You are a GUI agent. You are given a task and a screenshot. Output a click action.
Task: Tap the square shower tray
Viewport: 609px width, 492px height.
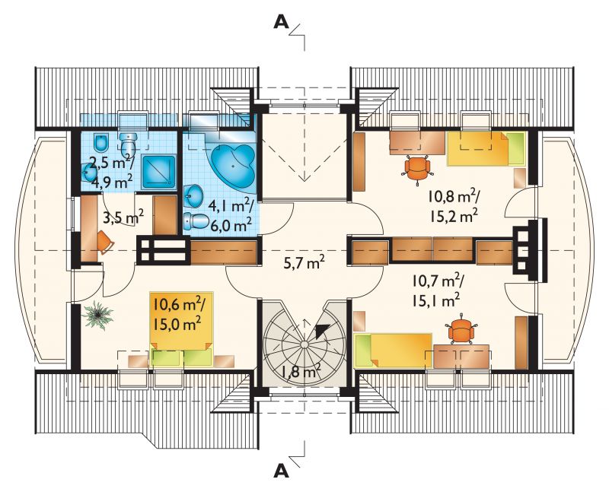coord(159,172)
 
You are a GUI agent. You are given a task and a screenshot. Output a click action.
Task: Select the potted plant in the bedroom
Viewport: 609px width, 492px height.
coord(97,315)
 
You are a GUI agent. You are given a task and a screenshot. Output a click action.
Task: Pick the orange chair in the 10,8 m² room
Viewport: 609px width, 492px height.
coord(417,169)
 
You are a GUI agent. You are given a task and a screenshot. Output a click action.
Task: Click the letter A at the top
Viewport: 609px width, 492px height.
coord(282,22)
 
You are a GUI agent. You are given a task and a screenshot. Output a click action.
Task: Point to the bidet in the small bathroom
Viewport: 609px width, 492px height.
coord(101,143)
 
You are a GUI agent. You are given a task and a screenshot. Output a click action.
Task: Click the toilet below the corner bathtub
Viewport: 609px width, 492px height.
coord(196,221)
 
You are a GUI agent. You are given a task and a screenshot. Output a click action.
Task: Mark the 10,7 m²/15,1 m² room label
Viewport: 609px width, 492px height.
coord(437,290)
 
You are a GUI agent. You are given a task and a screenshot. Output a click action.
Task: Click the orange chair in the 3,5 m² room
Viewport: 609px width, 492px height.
coord(106,243)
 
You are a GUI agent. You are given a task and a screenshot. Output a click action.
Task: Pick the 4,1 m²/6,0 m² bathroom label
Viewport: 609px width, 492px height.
coord(231,215)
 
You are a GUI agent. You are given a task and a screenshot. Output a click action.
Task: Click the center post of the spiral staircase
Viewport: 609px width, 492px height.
coord(304,344)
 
